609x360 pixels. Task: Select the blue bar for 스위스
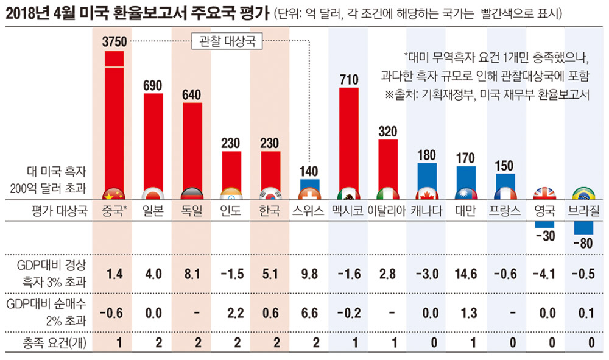coord(309,186)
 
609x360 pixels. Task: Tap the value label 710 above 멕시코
coord(348,79)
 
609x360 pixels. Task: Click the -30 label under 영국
coord(544,236)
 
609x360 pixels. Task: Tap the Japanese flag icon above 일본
coord(153,195)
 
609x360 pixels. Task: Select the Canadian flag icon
coord(427,195)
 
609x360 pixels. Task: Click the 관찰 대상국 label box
coord(222,41)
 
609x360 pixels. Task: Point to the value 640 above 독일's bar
coord(192,94)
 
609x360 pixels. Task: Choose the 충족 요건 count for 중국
coord(114,342)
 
